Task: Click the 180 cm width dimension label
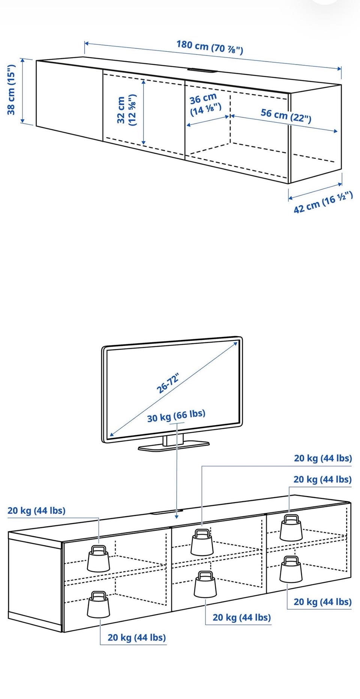(x=210, y=47)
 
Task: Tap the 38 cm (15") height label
(x=12, y=89)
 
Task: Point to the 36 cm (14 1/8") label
(x=205, y=105)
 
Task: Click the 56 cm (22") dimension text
(x=286, y=116)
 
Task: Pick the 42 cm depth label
(x=323, y=202)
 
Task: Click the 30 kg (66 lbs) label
(x=176, y=416)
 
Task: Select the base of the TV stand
(x=174, y=446)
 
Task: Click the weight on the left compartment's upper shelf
(x=99, y=558)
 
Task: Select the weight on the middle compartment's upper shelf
(x=202, y=542)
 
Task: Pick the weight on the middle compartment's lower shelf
(x=205, y=585)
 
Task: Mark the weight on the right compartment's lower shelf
(x=291, y=569)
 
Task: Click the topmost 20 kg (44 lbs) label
(x=323, y=458)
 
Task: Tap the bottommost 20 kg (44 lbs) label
(x=136, y=637)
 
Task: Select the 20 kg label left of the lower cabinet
(x=36, y=511)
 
